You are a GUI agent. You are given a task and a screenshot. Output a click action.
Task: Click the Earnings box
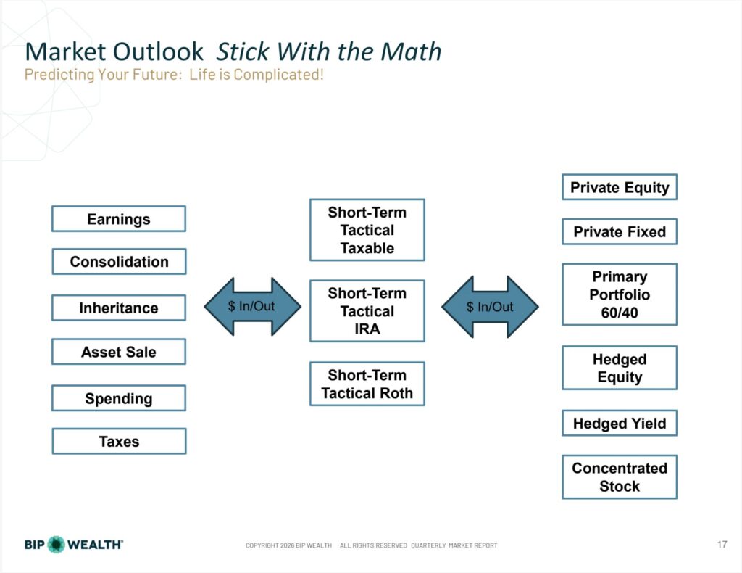[119, 219]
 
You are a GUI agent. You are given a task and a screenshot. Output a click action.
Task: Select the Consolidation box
[119, 261]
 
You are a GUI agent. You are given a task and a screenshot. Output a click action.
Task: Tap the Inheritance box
[119, 308]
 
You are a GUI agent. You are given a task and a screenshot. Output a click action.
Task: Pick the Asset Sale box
[119, 351]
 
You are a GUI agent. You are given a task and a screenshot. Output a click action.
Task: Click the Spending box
[119, 397]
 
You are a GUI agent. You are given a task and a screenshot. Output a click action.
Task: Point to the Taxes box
[119, 441]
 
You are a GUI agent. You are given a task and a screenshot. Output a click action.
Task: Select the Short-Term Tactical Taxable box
[367, 230]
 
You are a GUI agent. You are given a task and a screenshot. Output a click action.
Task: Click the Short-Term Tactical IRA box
[367, 311]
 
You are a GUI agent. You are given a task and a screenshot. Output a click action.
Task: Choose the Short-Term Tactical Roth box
[367, 384]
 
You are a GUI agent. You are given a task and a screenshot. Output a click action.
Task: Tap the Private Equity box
[620, 187]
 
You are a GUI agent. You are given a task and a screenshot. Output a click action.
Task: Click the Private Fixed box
[620, 231]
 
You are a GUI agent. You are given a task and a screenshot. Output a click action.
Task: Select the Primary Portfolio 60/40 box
[620, 294]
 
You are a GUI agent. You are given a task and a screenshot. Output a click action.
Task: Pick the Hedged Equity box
[620, 368]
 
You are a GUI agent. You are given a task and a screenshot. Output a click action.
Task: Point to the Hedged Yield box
[620, 423]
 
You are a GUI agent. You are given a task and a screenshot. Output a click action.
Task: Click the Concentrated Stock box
[620, 477]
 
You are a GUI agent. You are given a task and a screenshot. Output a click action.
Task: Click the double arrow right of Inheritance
[252, 306]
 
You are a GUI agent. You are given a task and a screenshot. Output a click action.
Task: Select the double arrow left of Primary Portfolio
[490, 307]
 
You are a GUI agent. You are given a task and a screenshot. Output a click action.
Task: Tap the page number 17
[722, 544]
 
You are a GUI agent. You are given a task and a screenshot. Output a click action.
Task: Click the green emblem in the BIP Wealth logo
[57, 545]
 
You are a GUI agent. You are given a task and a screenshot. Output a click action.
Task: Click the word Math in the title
[411, 51]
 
